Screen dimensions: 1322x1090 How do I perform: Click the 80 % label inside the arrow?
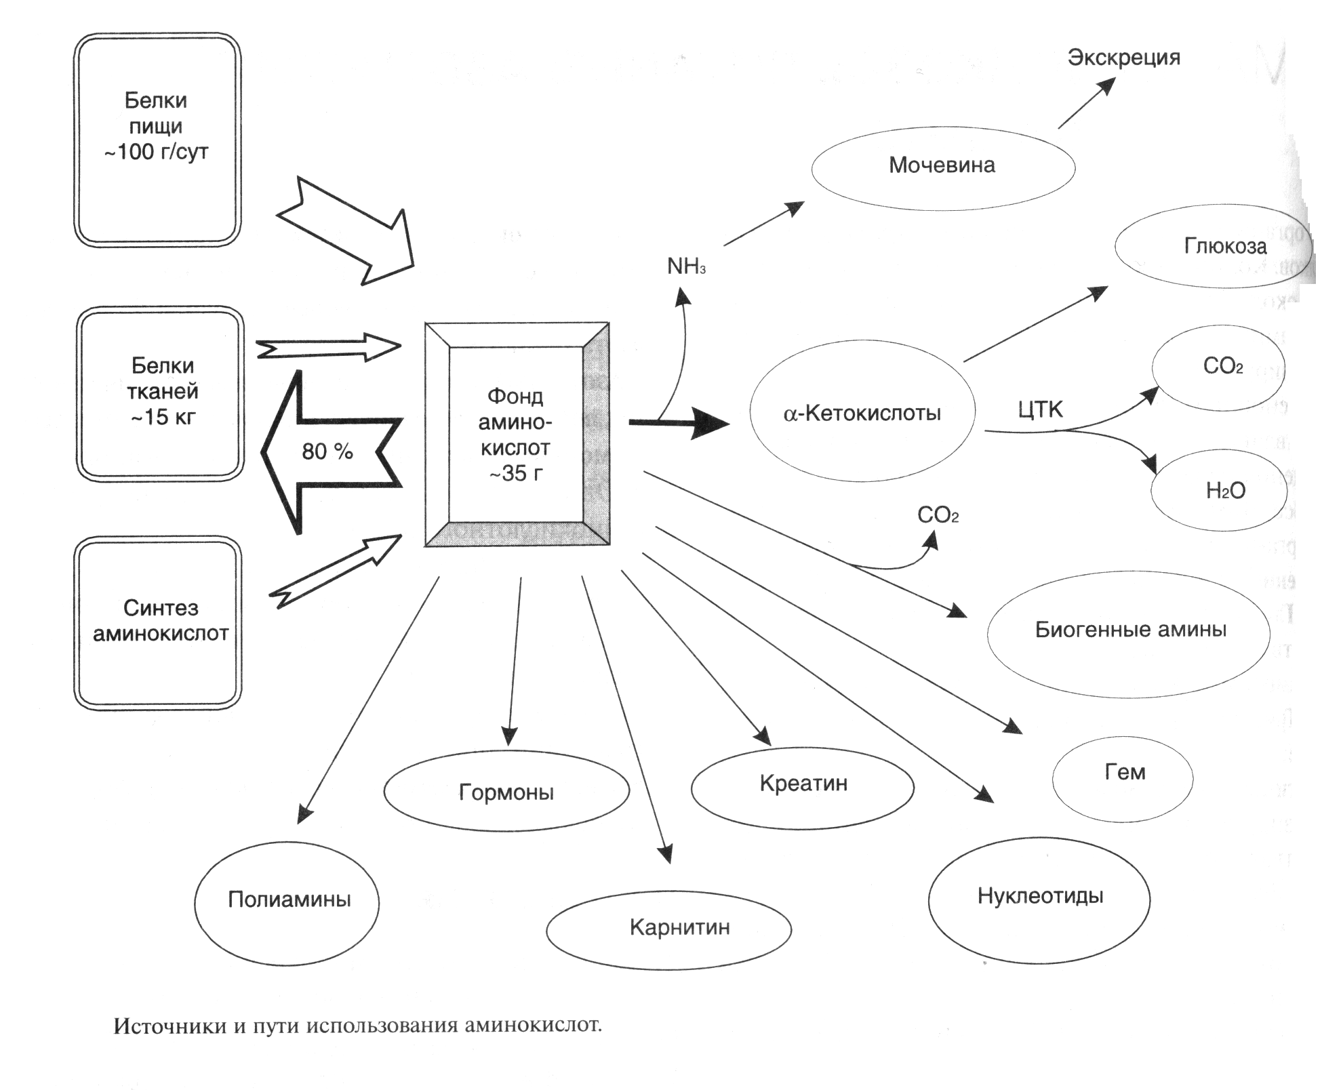[x=327, y=451]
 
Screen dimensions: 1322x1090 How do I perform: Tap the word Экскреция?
[x=1123, y=58]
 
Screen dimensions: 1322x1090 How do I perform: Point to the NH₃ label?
[x=686, y=266]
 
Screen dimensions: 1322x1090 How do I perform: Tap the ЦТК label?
[x=1040, y=409]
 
